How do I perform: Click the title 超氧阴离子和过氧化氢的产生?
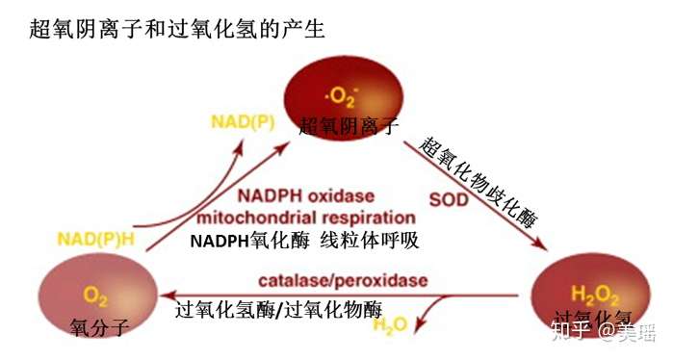click(x=177, y=30)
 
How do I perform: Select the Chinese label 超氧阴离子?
click(x=348, y=125)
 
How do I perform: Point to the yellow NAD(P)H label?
click(x=94, y=237)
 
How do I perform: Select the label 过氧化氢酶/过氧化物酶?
click(x=279, y=310)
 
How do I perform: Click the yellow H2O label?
click(x=390, y=327)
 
